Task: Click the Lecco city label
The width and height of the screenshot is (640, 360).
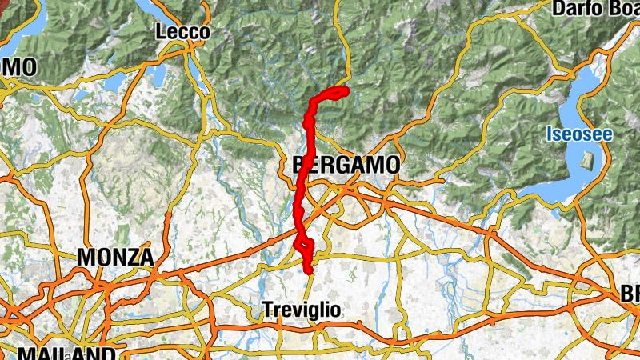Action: click(183, 32)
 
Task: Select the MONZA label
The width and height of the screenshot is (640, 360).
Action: click(115, 258)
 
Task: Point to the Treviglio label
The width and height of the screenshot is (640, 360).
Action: click(302, 310)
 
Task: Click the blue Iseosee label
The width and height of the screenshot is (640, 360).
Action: click(580, 134)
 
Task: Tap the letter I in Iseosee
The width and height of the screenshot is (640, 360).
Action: click(550, 134)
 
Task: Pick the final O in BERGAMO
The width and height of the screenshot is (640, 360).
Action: click(391, 166)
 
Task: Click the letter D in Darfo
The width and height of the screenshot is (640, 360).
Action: click(558, 9)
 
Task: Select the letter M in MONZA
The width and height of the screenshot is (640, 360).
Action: click(85, 258)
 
